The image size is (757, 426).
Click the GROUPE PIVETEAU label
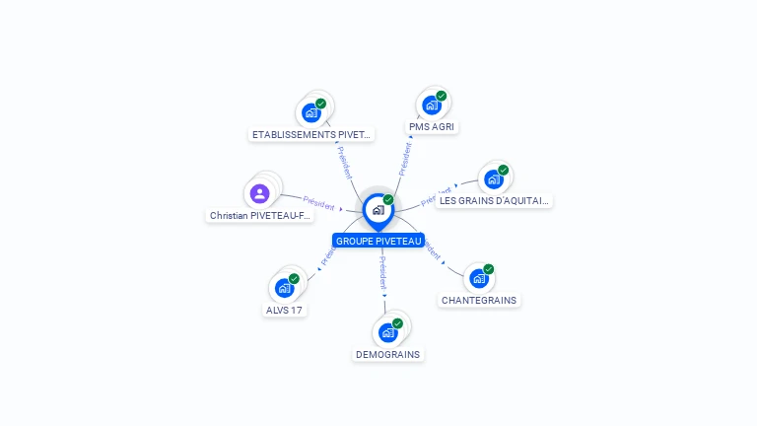click(x=378, y=241)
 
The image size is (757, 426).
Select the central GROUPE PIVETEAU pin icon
click(x=378, y=210)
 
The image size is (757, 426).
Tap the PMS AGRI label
click(x=434, y=127)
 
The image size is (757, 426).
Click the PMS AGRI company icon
click(x=431, y=105)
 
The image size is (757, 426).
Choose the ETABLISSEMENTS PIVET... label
click(x=311, y=134)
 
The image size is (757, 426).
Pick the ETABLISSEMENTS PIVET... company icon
click(x=311, y=112)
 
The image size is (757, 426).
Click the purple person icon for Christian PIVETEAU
click(x=259, y=193)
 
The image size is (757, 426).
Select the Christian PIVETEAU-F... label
click(x=261, y=215)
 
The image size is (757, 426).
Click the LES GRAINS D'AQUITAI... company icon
click(x=493, y=179)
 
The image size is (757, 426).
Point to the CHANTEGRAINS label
click(x=479, y=300)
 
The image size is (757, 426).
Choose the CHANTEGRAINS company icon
click(x=478, y=278)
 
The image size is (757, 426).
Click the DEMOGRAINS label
click(x=387, y=354)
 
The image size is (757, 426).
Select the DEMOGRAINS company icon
click(x=387, y=332)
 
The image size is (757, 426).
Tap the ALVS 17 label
click(x=284, y=310)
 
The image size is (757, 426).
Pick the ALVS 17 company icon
click(x=284, y=288)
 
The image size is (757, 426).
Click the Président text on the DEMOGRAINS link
click(x=383, y=271)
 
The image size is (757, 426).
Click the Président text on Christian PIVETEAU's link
click(x=319, y=202)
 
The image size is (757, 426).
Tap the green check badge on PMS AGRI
click(x=442, y=96)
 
